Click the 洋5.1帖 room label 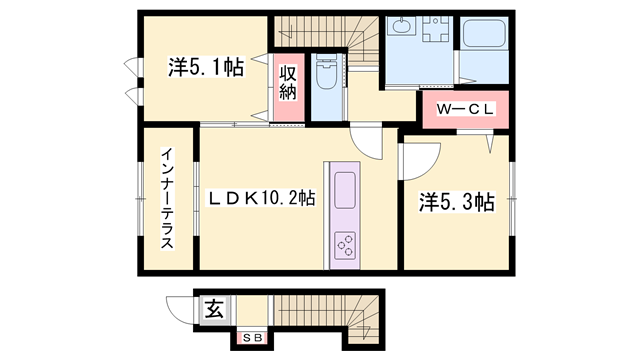[206, 67]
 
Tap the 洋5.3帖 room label [457, 202]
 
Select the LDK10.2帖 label [262, 198]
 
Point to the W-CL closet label [465, 109]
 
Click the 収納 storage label [288, 84]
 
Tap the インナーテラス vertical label [167, 198]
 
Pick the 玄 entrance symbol [214, 309]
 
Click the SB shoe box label [252, 338]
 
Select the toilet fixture [327, 73]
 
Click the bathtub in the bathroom [484, 33]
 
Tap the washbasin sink [401, 27]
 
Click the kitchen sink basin [345, 190]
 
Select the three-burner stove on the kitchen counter [345, 245]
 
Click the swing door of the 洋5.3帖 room [421, 161]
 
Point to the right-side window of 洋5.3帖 [512, 199]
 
